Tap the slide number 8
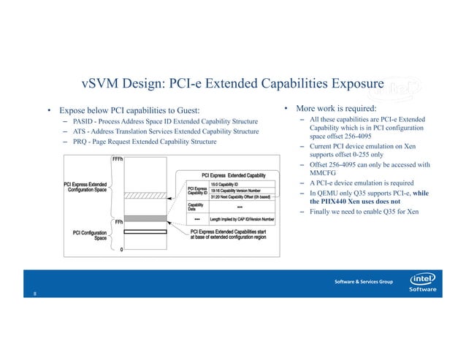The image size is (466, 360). (x=33, y=294)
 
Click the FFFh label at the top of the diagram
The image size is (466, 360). (x=117, y=158)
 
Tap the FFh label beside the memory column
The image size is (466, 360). (x=117, y=222)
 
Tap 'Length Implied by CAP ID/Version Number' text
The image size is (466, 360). (x=242, y=218)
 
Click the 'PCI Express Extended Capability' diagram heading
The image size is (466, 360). (x=233, y=175)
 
